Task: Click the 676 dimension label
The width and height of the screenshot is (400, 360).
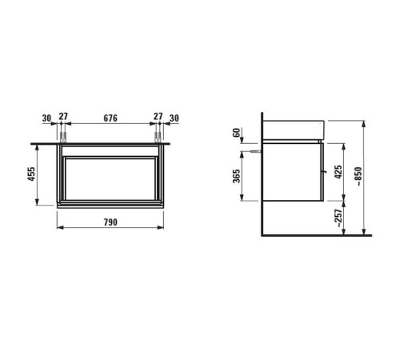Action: [x=110, y=118]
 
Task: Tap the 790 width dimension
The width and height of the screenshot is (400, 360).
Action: [x=110, y=222]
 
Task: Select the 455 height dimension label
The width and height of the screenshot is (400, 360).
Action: [x=31, y=174]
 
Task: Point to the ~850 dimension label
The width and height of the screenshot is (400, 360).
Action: [x=358, y=176]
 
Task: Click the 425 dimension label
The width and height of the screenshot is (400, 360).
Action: [x=338, y=172]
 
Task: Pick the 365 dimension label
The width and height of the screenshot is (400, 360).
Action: [x=237, y=176]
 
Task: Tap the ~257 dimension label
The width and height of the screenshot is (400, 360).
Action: [x=338, y=218]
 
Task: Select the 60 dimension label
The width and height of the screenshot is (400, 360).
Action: [x=237, y=133]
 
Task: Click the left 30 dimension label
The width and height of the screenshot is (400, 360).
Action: [x=46, y=118]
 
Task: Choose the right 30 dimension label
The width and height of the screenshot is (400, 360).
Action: [x=174, y=118]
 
